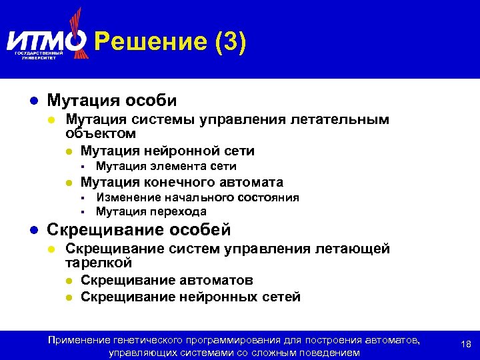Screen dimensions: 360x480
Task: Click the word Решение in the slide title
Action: (x=151, y=43)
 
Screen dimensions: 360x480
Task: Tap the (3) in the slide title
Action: (x=231, y=43)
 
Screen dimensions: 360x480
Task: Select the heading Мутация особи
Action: (x=112, y=101)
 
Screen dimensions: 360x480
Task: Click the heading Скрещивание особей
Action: (x=139, y=230)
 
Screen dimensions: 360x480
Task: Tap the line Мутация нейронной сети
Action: (x=167, y=151)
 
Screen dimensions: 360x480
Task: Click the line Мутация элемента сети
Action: (x=166, y=167)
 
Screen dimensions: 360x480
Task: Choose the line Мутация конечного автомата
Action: (x=181, y=182)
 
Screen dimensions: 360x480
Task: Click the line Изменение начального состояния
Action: (x=197, y=197)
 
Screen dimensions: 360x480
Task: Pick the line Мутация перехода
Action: (x=151, y=211)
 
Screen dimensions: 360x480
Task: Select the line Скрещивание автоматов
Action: (x=167, y=281)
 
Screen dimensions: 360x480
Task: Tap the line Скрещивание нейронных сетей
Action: (x=191, y=297)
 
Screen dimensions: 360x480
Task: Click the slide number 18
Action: (x=466, y=345)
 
